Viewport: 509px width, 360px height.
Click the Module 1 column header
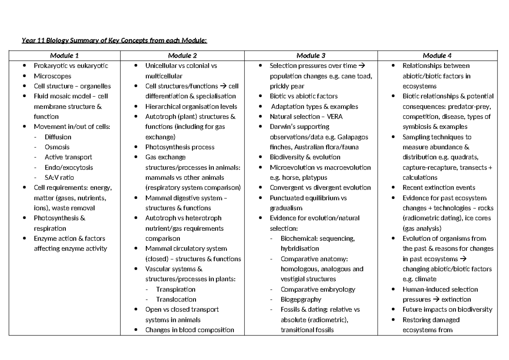coord(64,56)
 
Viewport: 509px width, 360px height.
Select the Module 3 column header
coord(311,56)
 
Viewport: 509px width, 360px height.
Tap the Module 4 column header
coord(437,56)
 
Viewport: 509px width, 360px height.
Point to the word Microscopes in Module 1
coord(53,76)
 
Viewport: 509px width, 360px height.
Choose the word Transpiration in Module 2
coord(176,289)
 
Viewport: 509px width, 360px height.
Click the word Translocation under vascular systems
coord(176,299)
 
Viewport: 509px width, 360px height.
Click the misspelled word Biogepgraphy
coord(301,299)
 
